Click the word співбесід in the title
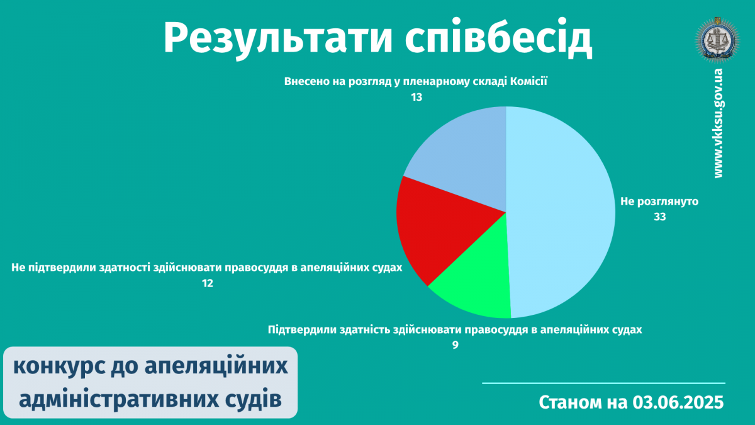point(498,38)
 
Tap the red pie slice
point(438,229)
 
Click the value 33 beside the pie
point(659,217)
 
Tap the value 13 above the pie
point(417,98)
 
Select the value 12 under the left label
point(208,283)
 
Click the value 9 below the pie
point(455,345)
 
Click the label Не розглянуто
point(659,201)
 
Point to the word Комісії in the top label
point(528,81)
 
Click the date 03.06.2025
point(678,402)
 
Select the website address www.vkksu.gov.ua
point(719,123)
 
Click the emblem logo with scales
point(717,40)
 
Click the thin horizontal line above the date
point(603,383)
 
